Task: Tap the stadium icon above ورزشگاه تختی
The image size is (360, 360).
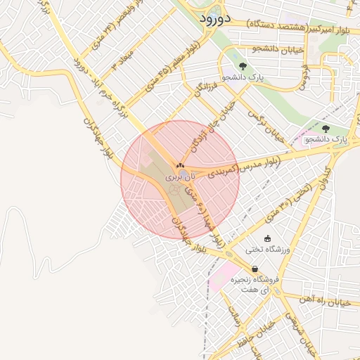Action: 267,238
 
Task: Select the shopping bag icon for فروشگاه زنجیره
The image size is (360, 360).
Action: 255,269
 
